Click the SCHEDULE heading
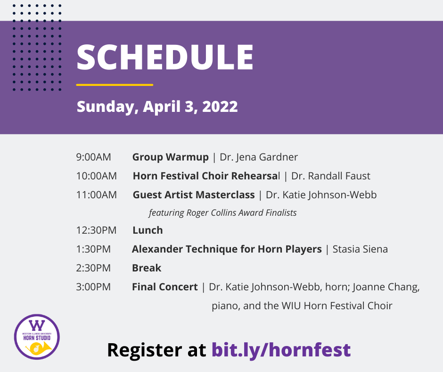coord(165,57)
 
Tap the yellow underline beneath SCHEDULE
coord(115,85)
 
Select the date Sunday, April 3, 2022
coord(157,107)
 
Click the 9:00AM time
coord(93,157)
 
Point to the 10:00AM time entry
coord(96,176)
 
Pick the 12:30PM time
coord(96,230)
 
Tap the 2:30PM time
coord(93,268)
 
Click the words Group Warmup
coord(170,157)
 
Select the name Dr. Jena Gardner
coord(259,157)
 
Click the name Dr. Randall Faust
coord(330,176)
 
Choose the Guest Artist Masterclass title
coord(194,195)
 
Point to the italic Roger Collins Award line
coord(222,212)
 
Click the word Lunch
coord(148,230)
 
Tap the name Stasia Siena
coord(360,249)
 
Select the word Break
coord(147,268)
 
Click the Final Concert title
coord(165,287)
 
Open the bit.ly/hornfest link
coord(281,350)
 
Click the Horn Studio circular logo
coord(37,337)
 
